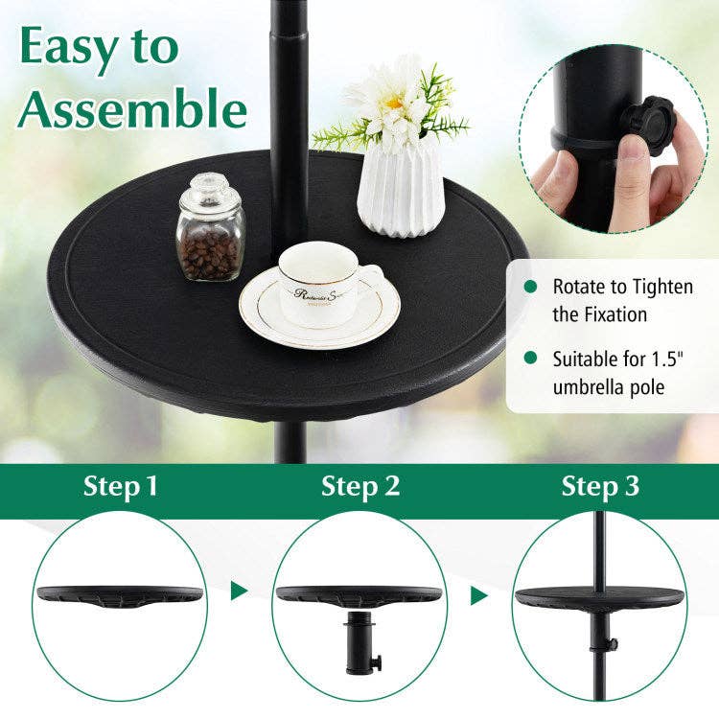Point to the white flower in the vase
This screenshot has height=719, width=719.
[x=390, y=101]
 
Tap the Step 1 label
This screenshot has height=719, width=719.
[x=121, y=486]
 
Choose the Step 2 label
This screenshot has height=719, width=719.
[x=360, y=486]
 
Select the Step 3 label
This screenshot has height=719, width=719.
[x=600, y=486]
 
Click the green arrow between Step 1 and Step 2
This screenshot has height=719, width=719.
[x=240, y=591]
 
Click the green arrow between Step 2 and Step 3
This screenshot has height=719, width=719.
[x=479, y=595]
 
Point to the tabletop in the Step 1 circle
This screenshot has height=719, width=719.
[x=120, y=595]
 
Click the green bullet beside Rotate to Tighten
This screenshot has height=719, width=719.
[x=530, y=287]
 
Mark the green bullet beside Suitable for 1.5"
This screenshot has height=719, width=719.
[x=530, y=359]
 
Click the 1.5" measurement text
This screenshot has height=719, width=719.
[x=650, y=360]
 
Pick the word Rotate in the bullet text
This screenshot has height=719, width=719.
[x=579, y=287]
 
